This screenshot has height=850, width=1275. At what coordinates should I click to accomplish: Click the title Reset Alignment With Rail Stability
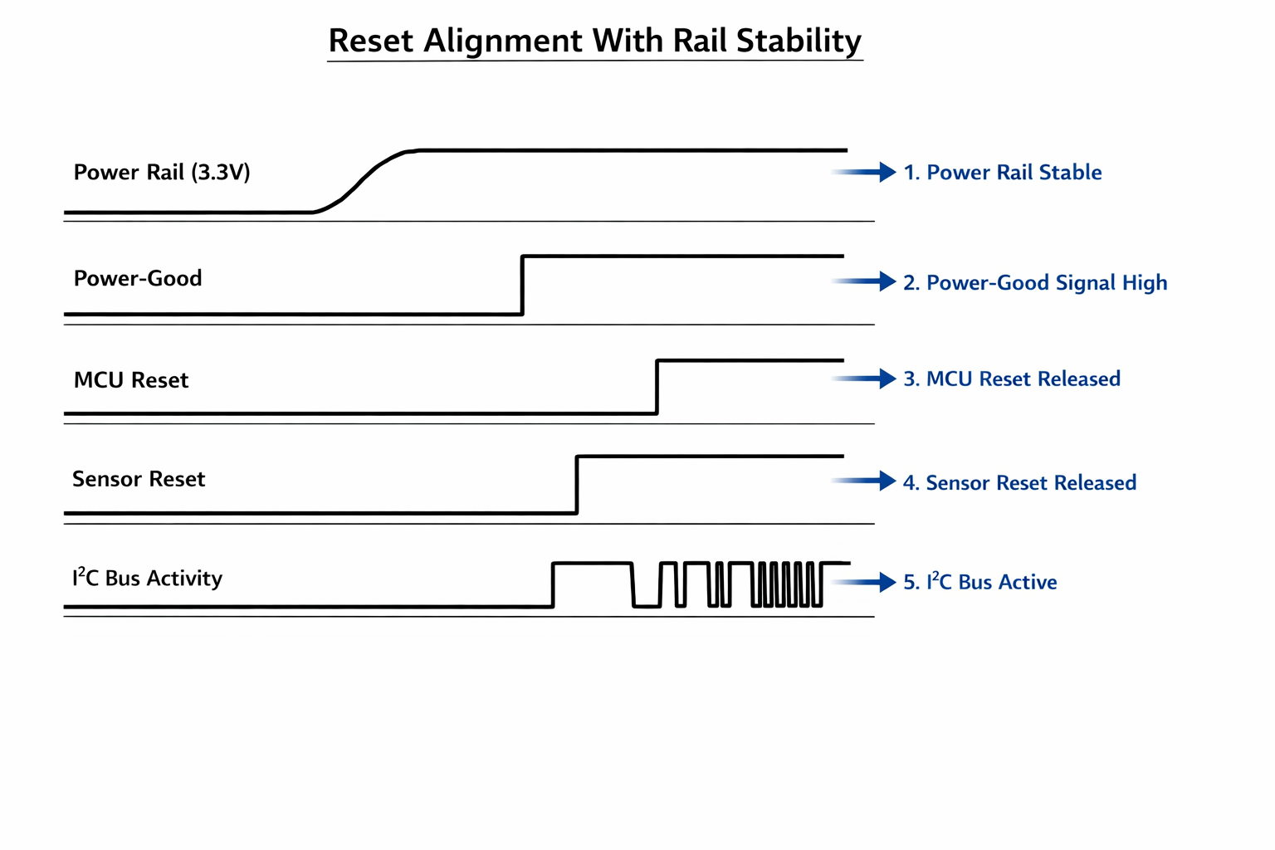594,41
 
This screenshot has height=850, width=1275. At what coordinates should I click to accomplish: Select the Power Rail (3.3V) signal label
162,173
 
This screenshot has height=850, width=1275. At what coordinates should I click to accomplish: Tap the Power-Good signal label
138,278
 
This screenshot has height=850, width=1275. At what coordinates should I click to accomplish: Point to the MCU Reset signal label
131,380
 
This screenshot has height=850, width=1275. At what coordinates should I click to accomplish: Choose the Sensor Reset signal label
139,479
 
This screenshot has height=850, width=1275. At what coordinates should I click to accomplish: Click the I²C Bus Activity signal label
147,578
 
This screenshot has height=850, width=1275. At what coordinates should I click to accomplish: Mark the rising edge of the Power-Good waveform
522,286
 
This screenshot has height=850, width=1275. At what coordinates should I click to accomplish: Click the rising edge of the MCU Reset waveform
657,387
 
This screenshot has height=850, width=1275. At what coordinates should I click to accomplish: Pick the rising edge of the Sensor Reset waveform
577,485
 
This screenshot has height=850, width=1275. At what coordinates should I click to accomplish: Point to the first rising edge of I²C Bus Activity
553,585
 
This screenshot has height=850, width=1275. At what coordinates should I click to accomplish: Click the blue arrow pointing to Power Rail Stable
866,172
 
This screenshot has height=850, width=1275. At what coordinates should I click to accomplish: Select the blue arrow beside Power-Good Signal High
866,281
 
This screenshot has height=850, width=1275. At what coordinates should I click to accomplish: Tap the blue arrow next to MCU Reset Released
866,379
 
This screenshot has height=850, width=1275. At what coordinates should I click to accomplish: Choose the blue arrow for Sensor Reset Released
866,481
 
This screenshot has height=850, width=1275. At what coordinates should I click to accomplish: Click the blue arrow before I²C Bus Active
866,582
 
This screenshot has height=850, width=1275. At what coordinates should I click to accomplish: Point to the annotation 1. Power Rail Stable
1003,173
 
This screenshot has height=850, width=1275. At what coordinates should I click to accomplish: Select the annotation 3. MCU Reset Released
1012,379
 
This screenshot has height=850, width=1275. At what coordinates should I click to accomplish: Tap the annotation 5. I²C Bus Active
979,582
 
